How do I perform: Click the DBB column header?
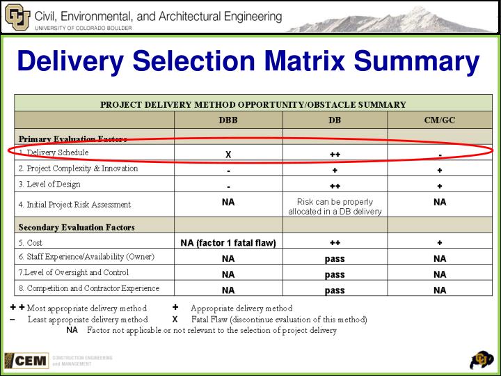pos(228,120)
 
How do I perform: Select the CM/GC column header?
pos(440,120)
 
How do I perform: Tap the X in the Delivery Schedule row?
pos(228,154)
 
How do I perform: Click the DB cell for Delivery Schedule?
pos(335,154)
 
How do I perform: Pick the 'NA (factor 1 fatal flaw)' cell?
pos(228,243)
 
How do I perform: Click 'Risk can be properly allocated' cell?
pos(335,206)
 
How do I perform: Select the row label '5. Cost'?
pos(31,243)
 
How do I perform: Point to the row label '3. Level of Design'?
pos(49,185)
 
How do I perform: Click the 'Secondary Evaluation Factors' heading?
pos(77,227)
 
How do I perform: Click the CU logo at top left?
pos(17,17)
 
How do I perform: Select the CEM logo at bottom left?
pos(27,360)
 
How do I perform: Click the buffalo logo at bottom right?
pos(482,359)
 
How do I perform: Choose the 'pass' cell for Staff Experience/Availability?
pos(335,258)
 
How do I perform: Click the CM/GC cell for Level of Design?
pos(440,186)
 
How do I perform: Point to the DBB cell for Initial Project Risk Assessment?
pos(228,203)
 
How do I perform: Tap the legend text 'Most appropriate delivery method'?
pos(87,308)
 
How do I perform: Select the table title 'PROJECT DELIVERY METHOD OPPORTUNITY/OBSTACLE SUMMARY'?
pos(253,104)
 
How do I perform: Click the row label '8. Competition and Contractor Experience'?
pos(89,288)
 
